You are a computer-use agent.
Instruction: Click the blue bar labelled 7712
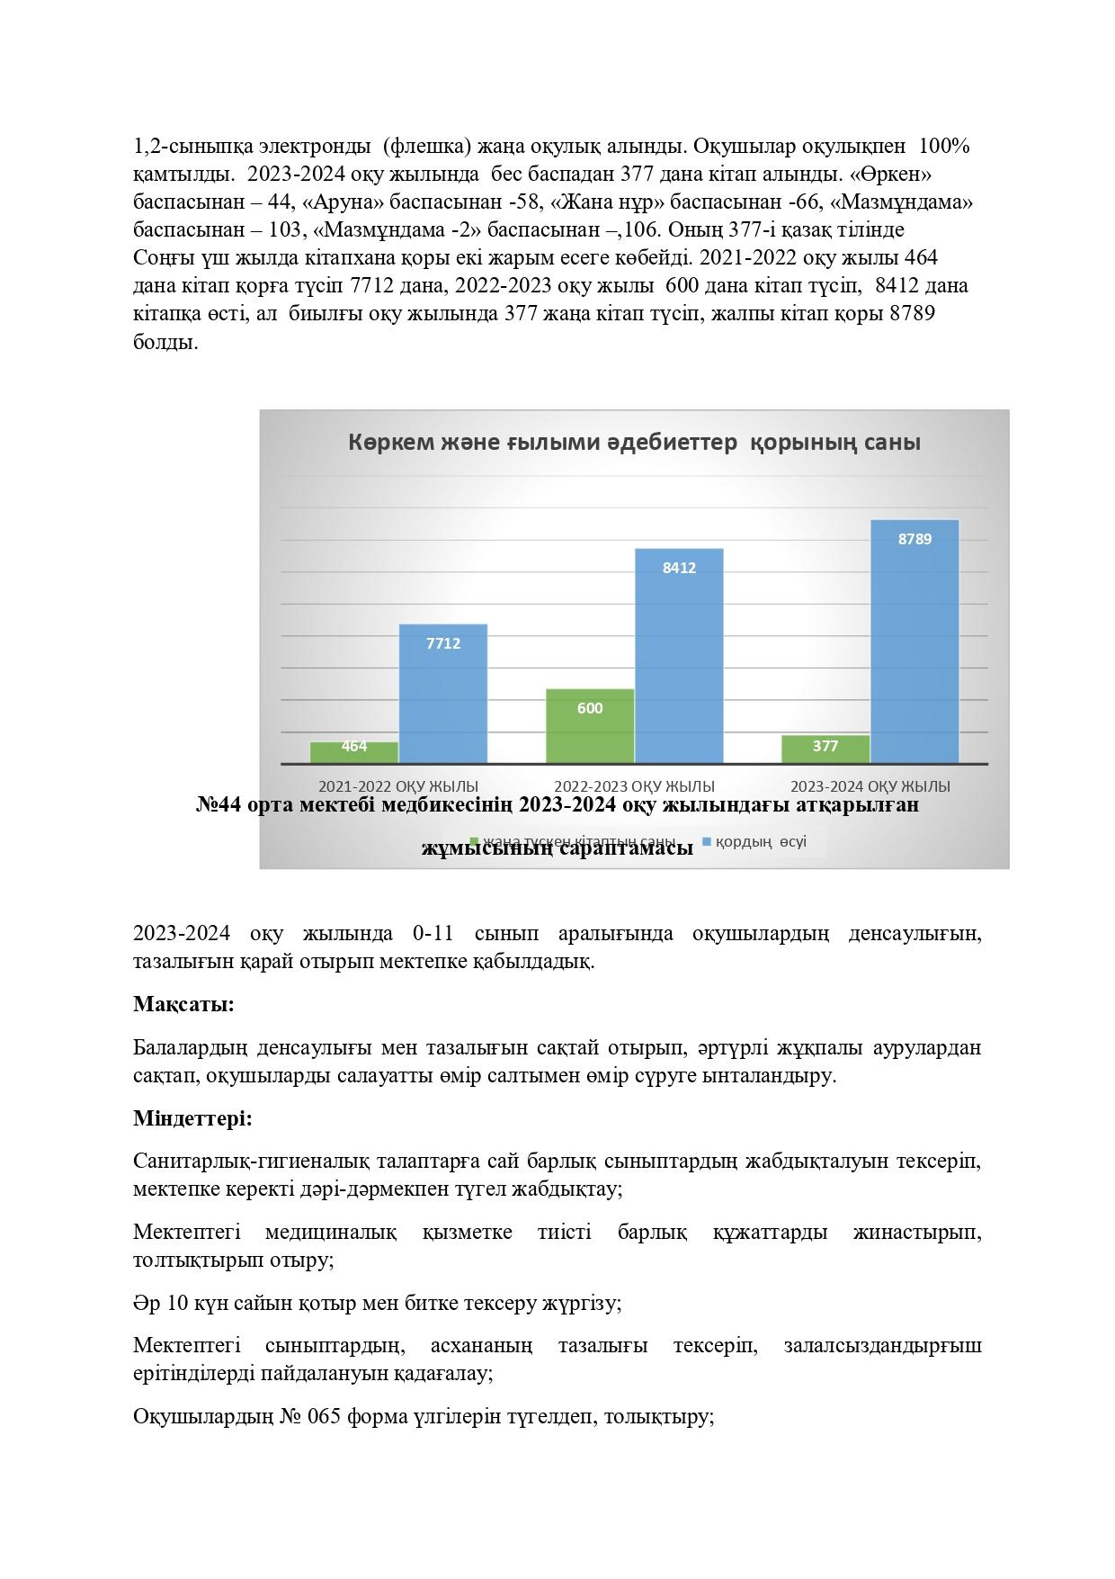pyautogui.click(x=442, y=694)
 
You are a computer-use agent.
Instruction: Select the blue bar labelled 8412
pyautogui.click(x=679, y=656)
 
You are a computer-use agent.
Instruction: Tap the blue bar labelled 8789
pyautogui.click(x=914, y=641)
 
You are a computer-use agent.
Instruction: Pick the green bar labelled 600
pyautogui.click(x=590, y=726)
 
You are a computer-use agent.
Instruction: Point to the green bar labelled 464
pyautogui.click(x=353, y=752)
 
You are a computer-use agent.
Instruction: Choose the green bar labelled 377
pyautogui.click(x=825, y=749)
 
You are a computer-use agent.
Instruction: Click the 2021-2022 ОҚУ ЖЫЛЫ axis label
pyautogui.click(x=398, y=785)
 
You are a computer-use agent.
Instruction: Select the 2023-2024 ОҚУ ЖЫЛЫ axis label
pyautogui.click(x=870, y=785)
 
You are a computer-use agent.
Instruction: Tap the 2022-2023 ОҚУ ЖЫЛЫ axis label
pyautogui.click(x=634, y=785)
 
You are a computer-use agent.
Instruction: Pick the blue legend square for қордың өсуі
pyautogui.click(x=707, y=842)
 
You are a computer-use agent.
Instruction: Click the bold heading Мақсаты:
pyautogui.click(x=183, y=1004)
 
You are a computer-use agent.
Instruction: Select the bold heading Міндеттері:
pyautogui.click(x=192, y=1118)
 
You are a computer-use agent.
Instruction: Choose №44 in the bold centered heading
pyautogui.click(x=219, y=804)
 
